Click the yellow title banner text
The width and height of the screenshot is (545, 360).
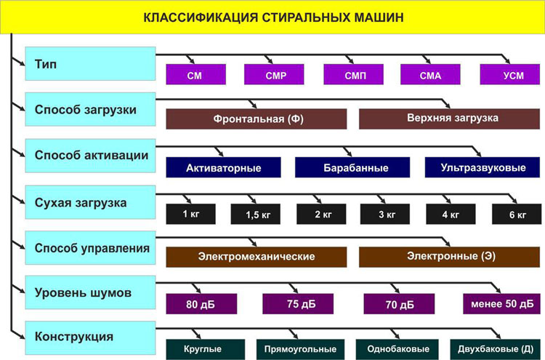tap(273, 17)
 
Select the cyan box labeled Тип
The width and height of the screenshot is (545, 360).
tap(90, 64)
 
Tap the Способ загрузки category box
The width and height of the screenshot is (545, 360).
tap(90, 109)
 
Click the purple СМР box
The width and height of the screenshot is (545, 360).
tap(274, 74)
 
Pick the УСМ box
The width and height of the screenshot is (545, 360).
tap(510, 74)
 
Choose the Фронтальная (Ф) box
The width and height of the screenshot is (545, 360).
tap(257, 119)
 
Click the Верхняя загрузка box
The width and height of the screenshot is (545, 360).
tap(449, 119)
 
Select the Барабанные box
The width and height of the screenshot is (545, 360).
tap(352, 167)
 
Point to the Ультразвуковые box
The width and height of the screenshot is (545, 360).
tap(483, 167)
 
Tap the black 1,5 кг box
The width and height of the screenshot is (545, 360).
tap(256, 215)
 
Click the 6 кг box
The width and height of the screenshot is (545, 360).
tap(517, 215)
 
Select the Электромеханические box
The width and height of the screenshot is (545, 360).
tap(257, 257)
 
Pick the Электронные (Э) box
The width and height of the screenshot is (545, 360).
tap(449, 257)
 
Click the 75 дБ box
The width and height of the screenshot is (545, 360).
tap(298, 304)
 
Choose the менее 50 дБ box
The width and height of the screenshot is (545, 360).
tap(502, 304)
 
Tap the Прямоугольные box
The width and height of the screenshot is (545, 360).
tap(300, 349)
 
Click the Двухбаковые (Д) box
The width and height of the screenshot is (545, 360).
tap(496, 349)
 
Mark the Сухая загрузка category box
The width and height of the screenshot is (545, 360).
tap(90, 202)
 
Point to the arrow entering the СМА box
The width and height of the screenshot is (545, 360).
tap(427, 59)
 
